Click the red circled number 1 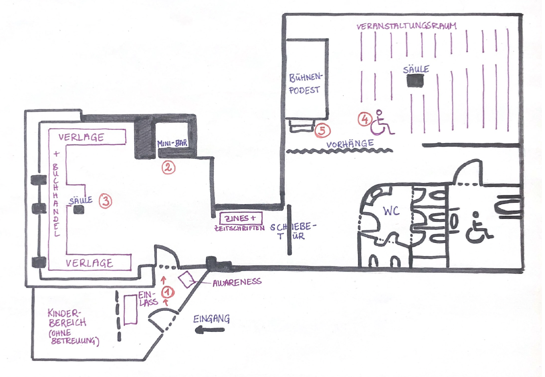168,292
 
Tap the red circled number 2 168,168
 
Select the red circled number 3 105,201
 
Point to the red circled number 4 365,119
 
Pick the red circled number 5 322,131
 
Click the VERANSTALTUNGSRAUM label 406,26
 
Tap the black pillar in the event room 415,81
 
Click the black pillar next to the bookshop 79,210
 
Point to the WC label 391,211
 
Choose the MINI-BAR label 172,143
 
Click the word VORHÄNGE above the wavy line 350,144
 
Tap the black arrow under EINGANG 210,330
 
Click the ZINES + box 241,218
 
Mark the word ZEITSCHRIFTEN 240,228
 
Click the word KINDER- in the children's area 64,313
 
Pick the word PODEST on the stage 305,90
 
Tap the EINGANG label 211,318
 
